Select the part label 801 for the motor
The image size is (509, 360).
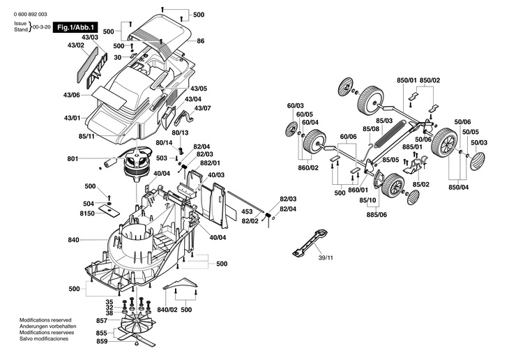[73, 159]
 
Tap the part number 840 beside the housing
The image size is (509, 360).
[73, 240]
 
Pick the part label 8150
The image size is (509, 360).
[87, 212]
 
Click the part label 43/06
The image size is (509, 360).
[71, 95]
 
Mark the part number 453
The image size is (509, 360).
[247, 210]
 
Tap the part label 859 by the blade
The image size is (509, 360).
[102, 341]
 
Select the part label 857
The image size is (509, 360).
[102, 320]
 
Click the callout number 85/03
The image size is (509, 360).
[384, 121]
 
